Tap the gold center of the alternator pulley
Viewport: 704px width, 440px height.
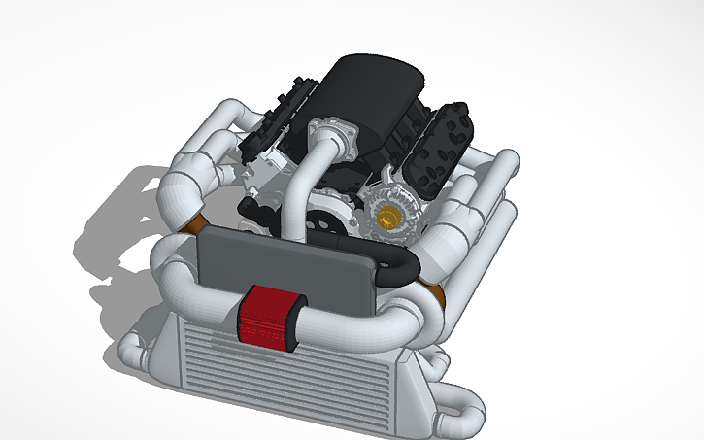[x=392, y=218]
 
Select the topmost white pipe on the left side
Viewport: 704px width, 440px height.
[x=218, y=117]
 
